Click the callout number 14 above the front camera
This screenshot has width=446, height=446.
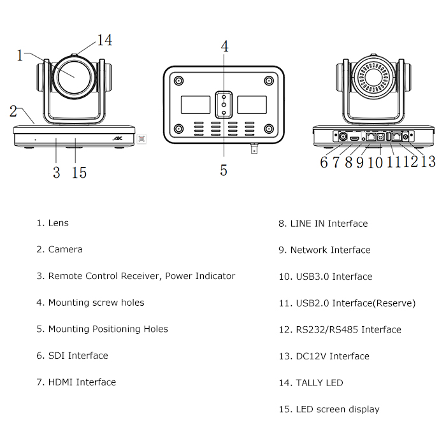(104, 40)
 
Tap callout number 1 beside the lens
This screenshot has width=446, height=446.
(20, 55)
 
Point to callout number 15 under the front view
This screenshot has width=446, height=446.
(80, 173)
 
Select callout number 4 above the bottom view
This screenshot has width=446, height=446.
(224, 46)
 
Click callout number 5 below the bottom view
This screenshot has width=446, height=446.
(224, 170)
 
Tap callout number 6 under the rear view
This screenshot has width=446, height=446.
(324, 162)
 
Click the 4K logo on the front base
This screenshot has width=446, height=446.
(117, 138)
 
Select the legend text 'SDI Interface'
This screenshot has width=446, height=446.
(78, 356)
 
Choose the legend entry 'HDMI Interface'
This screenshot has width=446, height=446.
(82, 382)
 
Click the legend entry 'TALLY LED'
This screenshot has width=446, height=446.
(319, 383)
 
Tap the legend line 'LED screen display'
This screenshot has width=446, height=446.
(337, 409)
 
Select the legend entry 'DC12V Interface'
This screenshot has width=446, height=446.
(333, 356)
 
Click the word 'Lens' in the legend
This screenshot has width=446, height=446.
(59, 223)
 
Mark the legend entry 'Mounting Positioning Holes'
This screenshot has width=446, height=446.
(108, 329)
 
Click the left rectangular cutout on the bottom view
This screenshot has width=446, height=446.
(195, 105)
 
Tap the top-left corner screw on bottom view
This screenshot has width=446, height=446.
(179, 81)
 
